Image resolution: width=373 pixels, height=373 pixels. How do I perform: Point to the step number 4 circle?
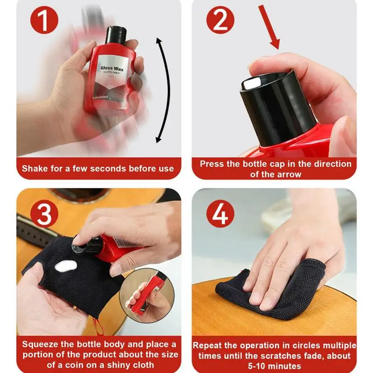[x=220, y=214]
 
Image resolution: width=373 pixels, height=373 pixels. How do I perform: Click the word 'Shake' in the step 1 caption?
[x=35, y=168]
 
